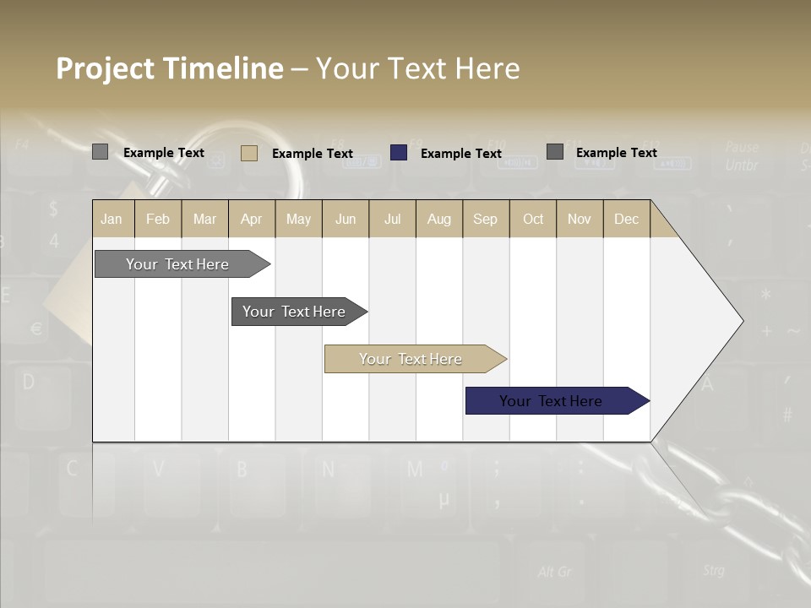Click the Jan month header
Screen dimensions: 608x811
(112, 219)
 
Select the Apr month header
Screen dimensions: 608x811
(251, 219)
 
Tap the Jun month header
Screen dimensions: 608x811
(346, 219)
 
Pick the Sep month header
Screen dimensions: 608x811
(485, 219)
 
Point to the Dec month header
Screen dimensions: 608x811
(626, 219)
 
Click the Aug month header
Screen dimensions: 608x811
(438, 219)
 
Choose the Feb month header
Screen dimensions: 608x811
(158, 219)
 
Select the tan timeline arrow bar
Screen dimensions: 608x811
(411, 359)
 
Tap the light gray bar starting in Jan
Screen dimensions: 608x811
(178, 264)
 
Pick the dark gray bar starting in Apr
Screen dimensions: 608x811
(295, 312)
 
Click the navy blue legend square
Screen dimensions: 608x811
(399, 152)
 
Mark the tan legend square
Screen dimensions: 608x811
(249, 153)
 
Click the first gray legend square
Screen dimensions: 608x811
(100, 152)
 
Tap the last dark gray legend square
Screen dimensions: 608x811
(555, 152)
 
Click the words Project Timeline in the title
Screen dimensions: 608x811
(169, 68)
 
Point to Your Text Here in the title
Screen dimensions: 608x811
(418, 68)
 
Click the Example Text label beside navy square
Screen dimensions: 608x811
(460, 153)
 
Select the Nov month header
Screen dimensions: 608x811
(579, 219)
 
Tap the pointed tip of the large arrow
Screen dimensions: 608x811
(741, 321)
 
